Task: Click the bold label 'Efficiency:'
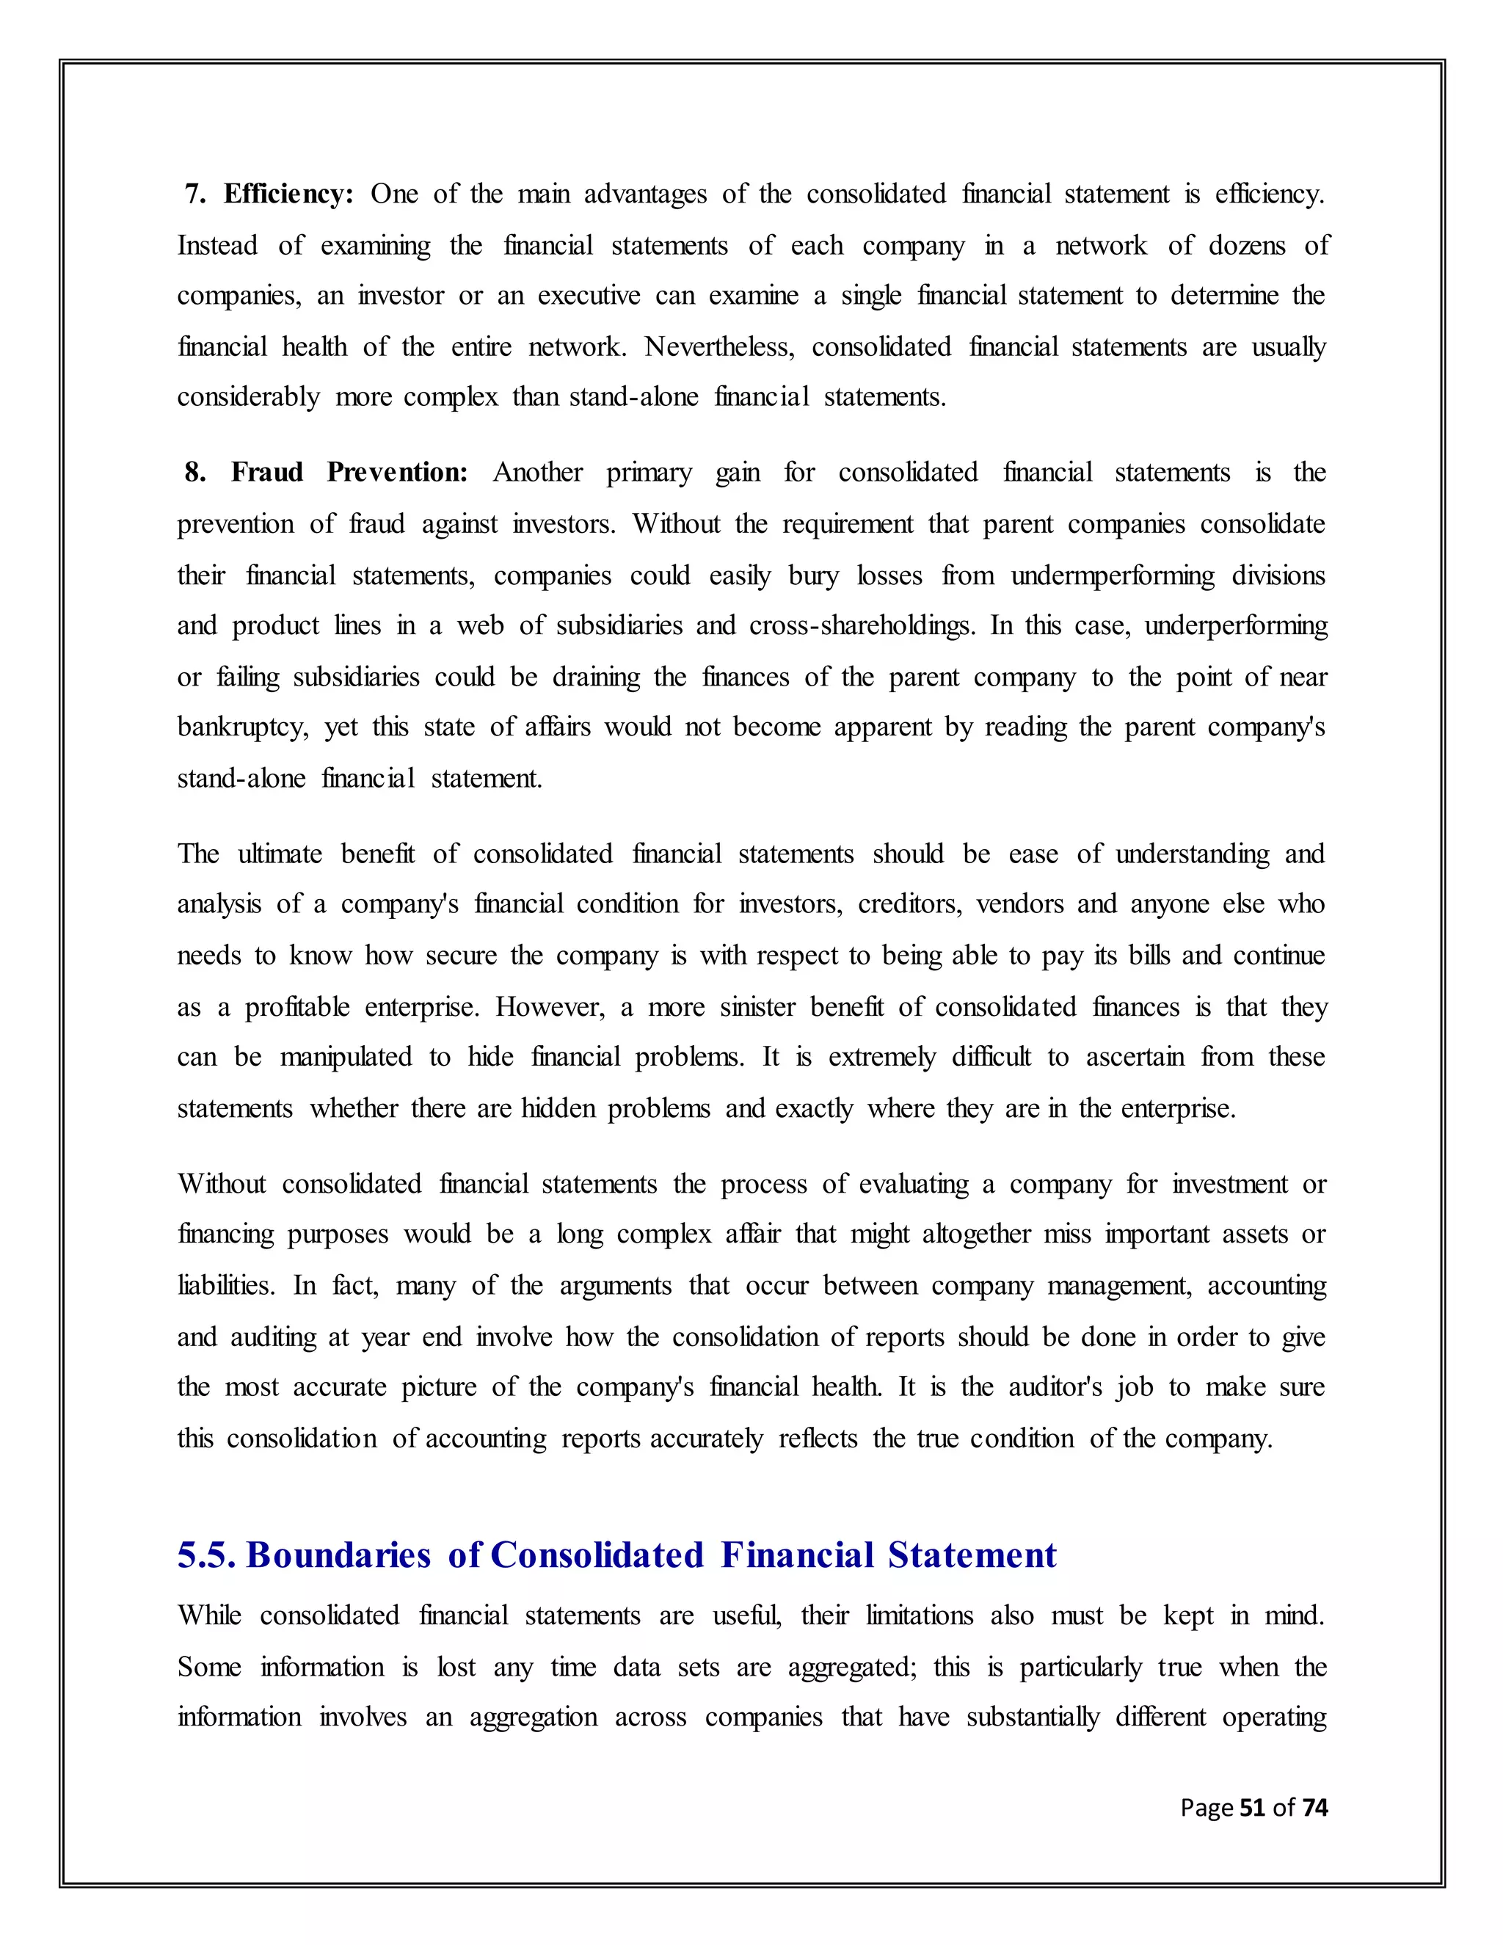(288, 194)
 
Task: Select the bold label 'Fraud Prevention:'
(349, 472)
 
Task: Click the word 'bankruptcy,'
(243, 727)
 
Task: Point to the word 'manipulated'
(346, 1057)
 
